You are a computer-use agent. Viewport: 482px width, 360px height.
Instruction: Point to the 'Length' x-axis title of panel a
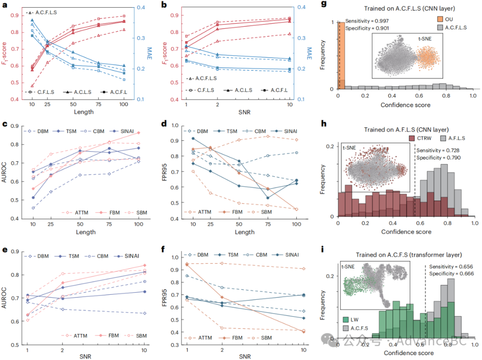tap(83, 112)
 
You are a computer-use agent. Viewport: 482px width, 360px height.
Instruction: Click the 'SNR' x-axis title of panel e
tap(83, 353)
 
